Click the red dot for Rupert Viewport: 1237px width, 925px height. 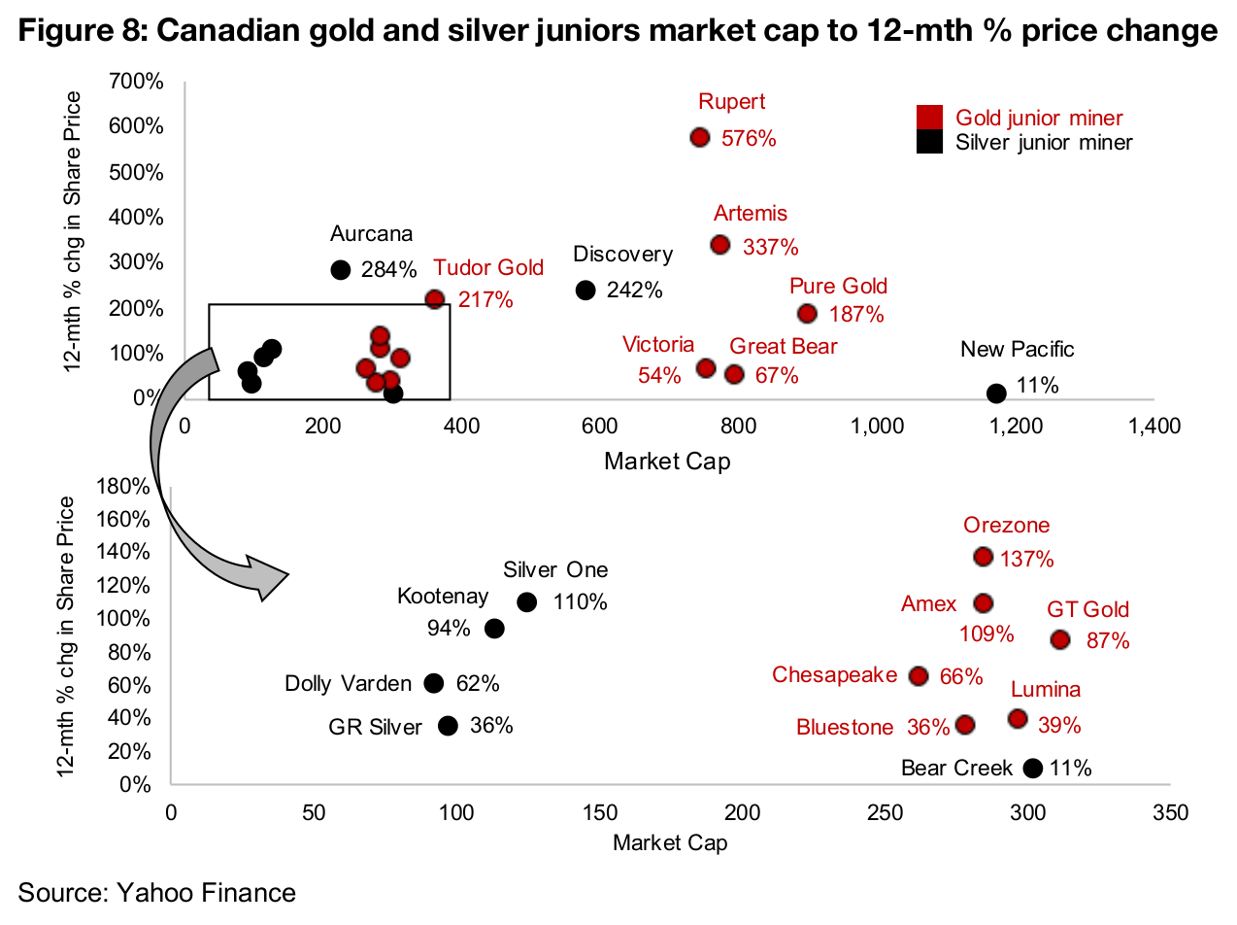pyautogui.click(x=700, y=137)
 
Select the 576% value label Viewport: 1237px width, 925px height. pyautogui.click(x=749, y=139)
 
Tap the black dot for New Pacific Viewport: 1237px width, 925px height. pyautogui.click(x=996, y=393)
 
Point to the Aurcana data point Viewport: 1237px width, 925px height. pyautogui.click(x=340, y=269)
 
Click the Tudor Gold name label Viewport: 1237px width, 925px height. pyautogui.click(x=488, y=268)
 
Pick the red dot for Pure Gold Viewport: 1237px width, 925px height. pyautogui.click(x=807, y=313)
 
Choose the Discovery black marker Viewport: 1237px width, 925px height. pyautogui.click(x=585, y=290)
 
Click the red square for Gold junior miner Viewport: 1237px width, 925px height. pyautogui.click(x=930, y=118)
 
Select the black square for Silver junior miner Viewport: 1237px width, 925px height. pyautogui.click(x=930, y=142)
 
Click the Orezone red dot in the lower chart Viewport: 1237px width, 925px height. pyautogui.click(x=983, y=557)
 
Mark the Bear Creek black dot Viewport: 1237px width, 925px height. pyautogui.click(x=1033, y=768)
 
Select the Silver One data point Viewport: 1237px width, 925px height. pyautogui.click(x=526, y=601)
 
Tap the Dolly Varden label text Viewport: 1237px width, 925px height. pyautogui.click(x=348, y=684)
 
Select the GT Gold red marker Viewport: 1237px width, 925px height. pyautogui.click(x=1060, y=639)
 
